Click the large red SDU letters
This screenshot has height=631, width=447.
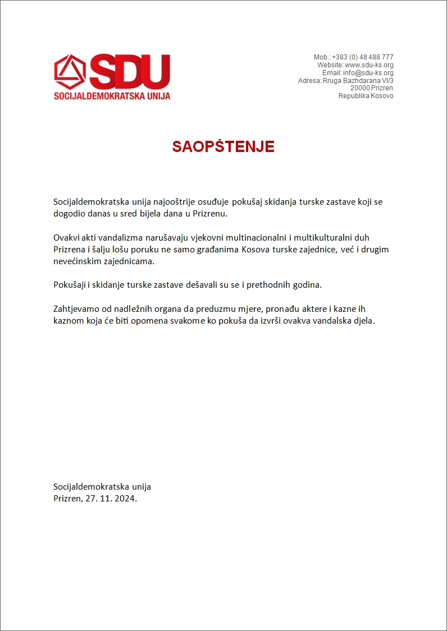(130, 72)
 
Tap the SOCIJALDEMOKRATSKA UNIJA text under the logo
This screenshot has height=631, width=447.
(112, 96)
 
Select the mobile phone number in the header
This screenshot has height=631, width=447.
(362, 57)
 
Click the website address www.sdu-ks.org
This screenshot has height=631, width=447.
(369, 65)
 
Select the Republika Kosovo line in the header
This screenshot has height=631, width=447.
(366, 96)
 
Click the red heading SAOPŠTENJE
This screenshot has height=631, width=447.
(223, 147)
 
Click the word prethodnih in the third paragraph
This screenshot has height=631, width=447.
(273, 285)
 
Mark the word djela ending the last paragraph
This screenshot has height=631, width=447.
(362, 321)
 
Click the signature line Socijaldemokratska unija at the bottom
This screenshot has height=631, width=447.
(102, 487)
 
